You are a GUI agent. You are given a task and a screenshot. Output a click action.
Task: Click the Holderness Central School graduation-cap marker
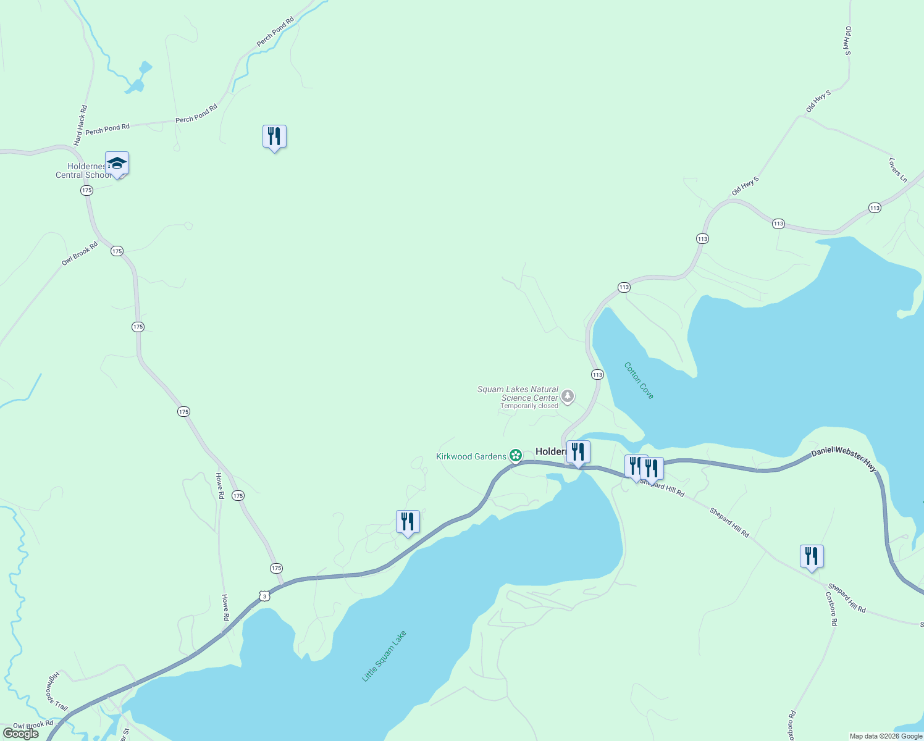(x=117, y=164)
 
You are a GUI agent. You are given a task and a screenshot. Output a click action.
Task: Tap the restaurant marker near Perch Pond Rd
(x=274, y=136)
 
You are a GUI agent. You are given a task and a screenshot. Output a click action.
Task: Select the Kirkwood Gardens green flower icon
(x=516, y=456)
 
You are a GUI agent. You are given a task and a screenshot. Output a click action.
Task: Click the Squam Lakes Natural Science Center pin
(x=567, y=396)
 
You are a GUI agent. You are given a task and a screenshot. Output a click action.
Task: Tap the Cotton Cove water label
(x=639, y=380)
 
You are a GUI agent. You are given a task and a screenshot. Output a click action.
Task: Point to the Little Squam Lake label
(x=384, y=656)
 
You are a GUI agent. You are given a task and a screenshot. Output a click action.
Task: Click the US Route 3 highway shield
(x=264, y=596)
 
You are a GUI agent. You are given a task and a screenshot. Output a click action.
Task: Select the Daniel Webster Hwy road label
(x=844, y=459)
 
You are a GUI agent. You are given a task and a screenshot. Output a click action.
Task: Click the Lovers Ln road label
(x=898, y=170)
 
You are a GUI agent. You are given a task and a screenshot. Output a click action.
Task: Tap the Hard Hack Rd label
(x=80, y=125)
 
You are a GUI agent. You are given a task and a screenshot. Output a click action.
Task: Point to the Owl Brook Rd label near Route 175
(x=80, y=254)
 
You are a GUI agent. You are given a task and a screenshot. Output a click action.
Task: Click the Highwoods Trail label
(x=57, y=690)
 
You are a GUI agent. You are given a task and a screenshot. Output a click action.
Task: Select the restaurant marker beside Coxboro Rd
(x=812, y=556)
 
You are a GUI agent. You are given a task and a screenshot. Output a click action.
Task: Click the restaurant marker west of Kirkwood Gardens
(x=407, y=522)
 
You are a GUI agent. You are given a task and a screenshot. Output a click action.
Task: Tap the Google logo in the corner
(x=20, y=734)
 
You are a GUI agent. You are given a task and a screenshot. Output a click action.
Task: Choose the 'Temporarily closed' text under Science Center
(x=529, y=406)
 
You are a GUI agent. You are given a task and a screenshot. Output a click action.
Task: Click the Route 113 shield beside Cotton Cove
(x=597, y=375)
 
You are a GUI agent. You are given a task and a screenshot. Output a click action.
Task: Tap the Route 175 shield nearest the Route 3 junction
(x=276, y=568)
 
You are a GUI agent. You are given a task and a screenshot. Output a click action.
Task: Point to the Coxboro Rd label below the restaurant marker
(x=831, y=609)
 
